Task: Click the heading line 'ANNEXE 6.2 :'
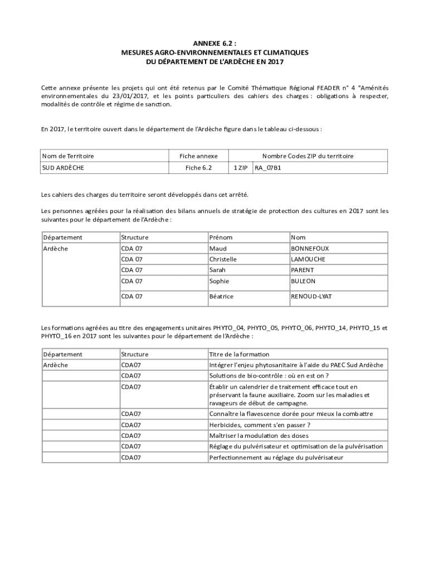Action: (214, 43)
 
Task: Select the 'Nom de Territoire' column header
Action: (69, 156)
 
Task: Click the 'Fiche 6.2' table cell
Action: (199, 167)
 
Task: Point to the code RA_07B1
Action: (267, 167)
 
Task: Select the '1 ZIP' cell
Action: (241, 167)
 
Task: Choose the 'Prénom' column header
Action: (221, 238)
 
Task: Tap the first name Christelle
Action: (223, 259)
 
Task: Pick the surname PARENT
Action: (303, 270)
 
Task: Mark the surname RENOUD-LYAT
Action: (311, 297)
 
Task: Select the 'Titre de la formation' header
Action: (239, 354)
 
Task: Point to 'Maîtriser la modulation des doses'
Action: (259, 435)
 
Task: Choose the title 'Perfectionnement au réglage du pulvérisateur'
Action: (276, 457)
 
